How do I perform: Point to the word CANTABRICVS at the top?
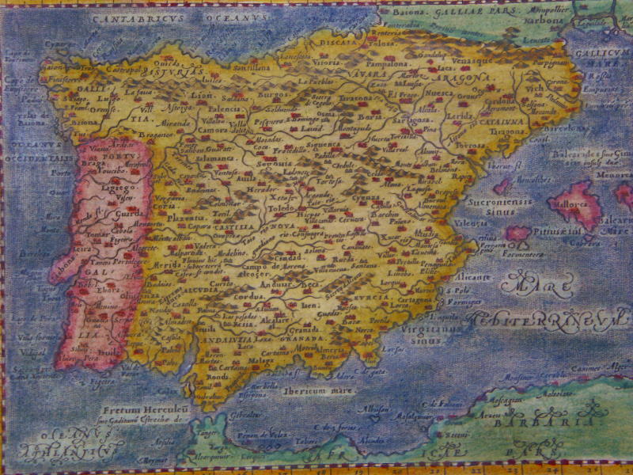tap(128, 14)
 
